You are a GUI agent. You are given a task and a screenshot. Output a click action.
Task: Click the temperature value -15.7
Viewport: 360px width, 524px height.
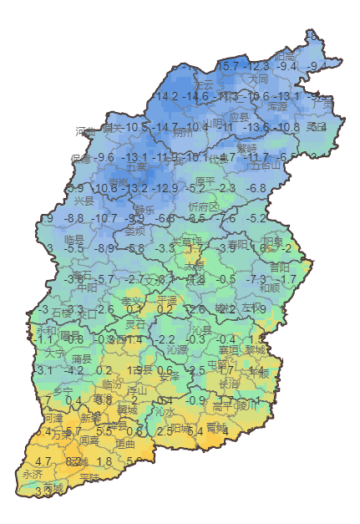pos(227,66)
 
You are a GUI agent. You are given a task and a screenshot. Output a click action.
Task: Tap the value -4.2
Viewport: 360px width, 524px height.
pos(75,369)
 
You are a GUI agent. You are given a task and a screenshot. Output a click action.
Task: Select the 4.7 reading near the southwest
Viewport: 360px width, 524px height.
pos(43,461)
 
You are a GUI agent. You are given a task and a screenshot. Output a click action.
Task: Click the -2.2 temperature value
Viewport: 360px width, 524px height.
pos(165,339)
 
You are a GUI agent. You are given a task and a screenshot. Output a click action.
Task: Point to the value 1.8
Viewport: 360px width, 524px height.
pos(104,461)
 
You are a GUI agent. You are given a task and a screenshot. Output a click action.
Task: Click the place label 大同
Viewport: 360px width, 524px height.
pos(258,79)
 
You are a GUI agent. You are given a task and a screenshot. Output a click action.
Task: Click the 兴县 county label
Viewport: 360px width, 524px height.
pos(84,201)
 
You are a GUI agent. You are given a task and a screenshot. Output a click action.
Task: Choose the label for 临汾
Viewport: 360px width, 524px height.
pos(111,384)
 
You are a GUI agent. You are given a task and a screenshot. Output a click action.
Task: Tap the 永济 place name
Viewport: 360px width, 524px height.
pos(33,474)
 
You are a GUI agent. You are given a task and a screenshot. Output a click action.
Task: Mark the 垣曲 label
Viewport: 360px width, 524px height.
pos(125,445)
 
